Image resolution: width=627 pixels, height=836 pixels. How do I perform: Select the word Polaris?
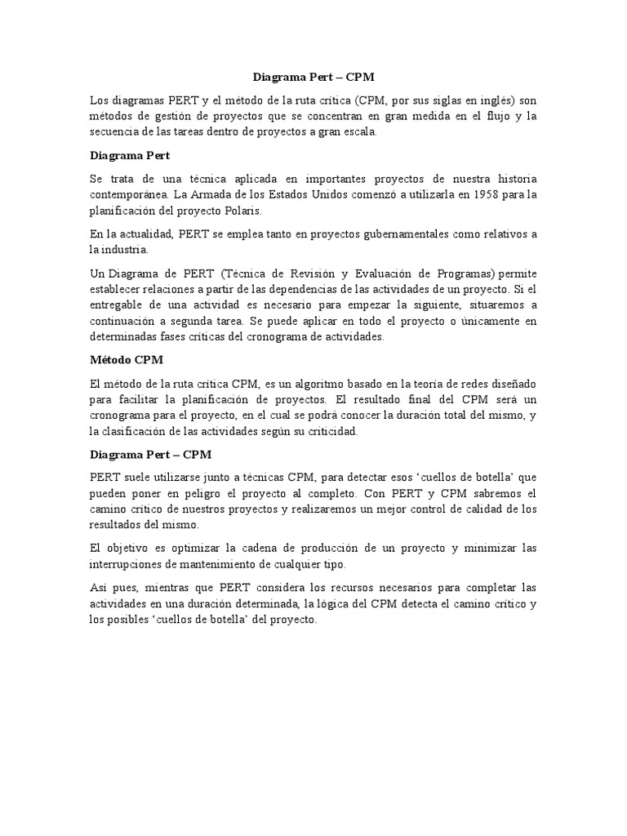[263, 211]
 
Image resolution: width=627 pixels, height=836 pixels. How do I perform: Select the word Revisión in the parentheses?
[310, 273]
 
